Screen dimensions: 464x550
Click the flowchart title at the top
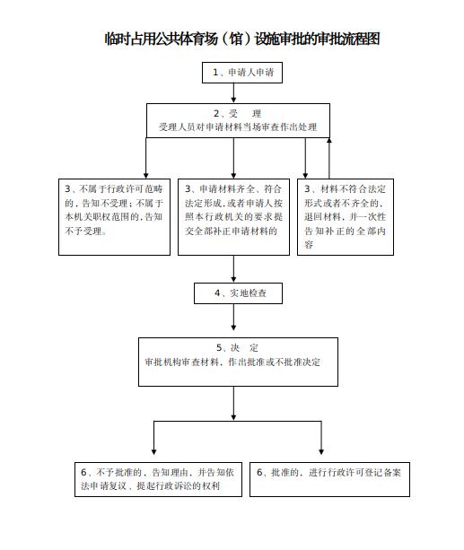point(242,39)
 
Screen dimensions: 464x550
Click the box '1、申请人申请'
point(242,73)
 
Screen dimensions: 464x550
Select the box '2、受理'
point(238,120)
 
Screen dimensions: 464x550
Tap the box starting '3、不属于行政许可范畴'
point(114,217)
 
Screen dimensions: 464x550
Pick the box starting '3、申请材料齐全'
point(233,217)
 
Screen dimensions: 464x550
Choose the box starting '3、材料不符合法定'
point(346,217)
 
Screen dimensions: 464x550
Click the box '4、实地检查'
point(239,293)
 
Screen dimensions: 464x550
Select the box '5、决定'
point(239,362)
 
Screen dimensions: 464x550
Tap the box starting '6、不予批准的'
point(158,479)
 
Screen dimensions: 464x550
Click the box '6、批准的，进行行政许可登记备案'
point(329,479)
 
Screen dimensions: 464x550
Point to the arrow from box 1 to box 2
point(233,93)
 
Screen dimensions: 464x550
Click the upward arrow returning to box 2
point(329,158)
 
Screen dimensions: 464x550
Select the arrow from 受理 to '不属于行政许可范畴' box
point(146,158)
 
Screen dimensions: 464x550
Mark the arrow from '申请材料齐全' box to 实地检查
point(233,268)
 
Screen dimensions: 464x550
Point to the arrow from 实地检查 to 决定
point(233,317)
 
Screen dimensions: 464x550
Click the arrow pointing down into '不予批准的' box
point(153,438)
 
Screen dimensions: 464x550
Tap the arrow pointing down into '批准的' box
point(321,438)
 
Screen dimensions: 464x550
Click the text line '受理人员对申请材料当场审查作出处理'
point(238,127)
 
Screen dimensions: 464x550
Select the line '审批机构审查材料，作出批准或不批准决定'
point(232,362)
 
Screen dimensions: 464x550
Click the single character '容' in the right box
point(309,245)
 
